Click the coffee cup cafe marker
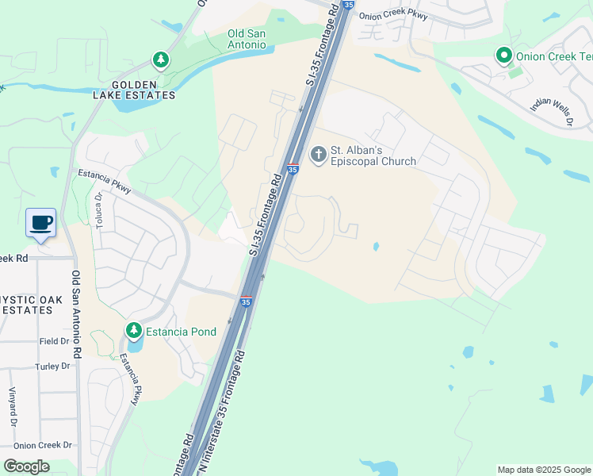[40, 222]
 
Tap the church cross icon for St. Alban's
[318, 154]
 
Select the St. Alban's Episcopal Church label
[373, 155]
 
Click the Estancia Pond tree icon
[134, 329]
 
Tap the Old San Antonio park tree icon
[161, 59]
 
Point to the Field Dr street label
[53, 341]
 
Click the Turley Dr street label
[52, 367]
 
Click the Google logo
[26, 466]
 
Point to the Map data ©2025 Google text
[544, 470]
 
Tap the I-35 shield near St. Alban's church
[293, 169]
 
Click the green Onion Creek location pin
[503, 56]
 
